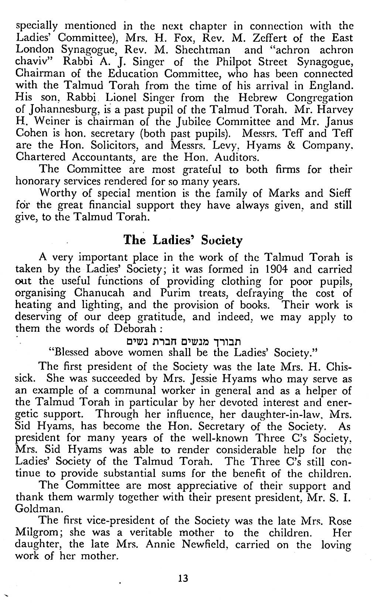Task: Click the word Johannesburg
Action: point(56,110)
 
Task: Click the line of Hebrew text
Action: point(182,341)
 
